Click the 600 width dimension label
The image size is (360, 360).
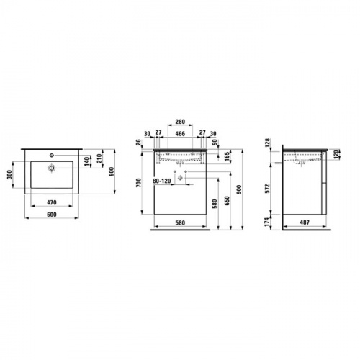pyautogui.click(x=52, y=215)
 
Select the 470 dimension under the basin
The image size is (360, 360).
pyautogui.click(x=52, y=202)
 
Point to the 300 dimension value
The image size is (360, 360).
pyautogui.click(x=9, y=174)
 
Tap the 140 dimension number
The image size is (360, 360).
pyautogui.click(x=88, y=161)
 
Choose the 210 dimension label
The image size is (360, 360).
pyautogui.click(x=99, y=158)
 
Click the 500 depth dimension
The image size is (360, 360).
pyautogui.click(x=112, y=171)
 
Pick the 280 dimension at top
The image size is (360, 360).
pyautogui.click(x=180, y=122)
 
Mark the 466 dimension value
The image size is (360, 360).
pyautogui.click(x=180, y=133)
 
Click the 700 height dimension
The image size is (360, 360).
pyautogui.click(x=139, y=183)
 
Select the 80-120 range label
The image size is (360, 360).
pyautogui.click(x=162, y=181)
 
